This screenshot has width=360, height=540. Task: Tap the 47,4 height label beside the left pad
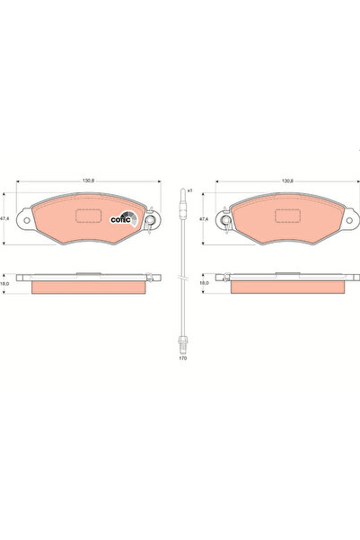[5, 218]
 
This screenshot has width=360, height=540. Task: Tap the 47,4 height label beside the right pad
[204, 218]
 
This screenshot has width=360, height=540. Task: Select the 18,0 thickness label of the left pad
[5, 283]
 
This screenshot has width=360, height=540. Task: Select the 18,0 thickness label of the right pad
[204, 283]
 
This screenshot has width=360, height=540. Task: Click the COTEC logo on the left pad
[122, 217]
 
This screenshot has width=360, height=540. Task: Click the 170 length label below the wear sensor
[182, 359]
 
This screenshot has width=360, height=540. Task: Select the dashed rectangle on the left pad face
[88, 217]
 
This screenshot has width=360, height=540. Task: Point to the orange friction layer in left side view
[87, 287]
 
